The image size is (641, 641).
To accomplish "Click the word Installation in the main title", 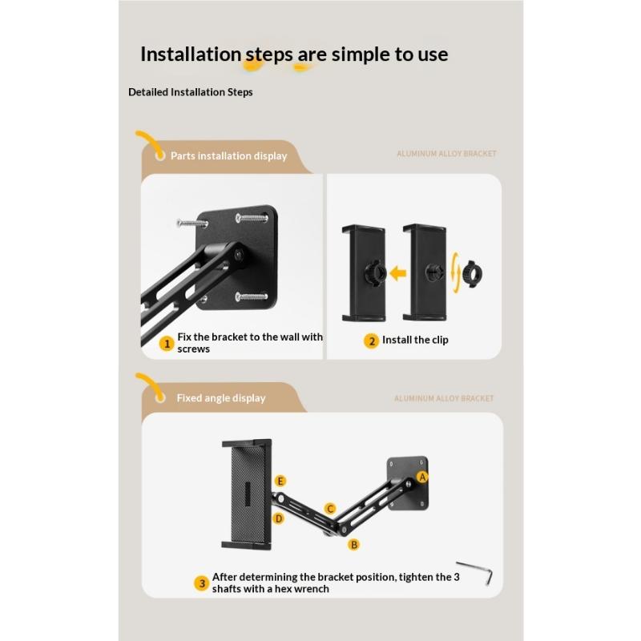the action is [191, 54].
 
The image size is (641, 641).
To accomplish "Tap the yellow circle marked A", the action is [422, 477].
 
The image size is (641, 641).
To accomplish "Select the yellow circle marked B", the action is [354, 545].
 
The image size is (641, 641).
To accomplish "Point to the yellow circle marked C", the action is [330, 509].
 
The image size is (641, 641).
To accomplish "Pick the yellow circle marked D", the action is [279, 518].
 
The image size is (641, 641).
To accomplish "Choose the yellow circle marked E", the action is [280, 482].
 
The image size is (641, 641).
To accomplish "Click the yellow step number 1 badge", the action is [167, 344].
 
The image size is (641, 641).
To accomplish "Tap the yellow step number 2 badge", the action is [371, 341].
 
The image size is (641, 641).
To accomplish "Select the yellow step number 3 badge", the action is [202, 583].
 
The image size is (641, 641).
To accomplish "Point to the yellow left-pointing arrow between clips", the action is [397, 273].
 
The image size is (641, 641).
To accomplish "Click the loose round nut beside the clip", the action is [472, 273].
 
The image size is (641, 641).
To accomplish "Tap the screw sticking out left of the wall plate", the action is [192, 224].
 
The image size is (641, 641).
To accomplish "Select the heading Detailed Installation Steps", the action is [191, 92].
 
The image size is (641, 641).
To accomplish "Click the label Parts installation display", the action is [229, 155].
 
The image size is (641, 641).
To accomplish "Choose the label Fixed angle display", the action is [221, 397].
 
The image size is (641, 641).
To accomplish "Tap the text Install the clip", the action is [415, 340].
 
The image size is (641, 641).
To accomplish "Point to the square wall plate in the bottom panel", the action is [408, 483].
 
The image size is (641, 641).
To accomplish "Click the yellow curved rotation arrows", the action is [455, 272].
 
